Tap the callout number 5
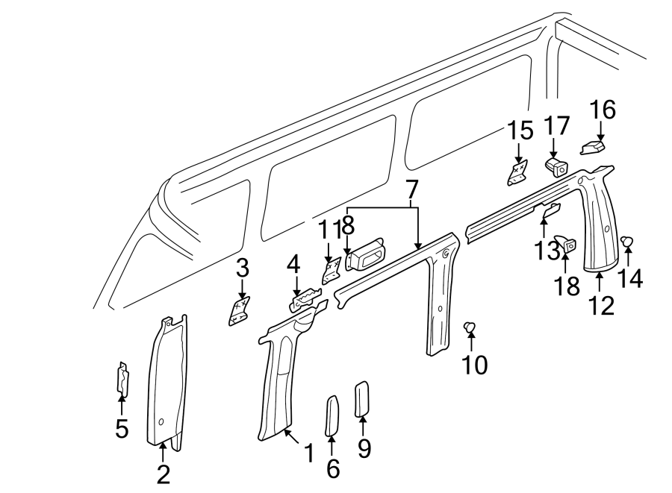(121, 428)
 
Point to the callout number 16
(603, 110)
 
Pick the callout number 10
(474, 365)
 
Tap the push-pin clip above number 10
(470, 326)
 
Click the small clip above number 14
(627, 240)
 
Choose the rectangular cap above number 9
(361, 398)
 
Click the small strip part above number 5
(121, 378)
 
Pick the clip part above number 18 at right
(569, 242)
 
